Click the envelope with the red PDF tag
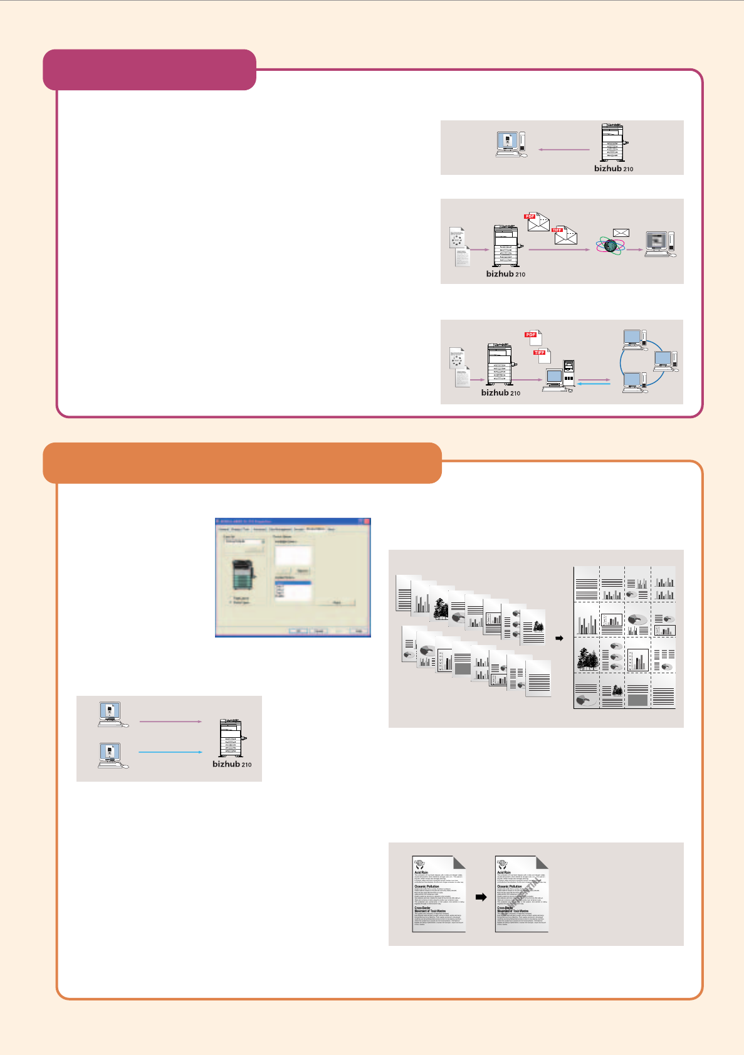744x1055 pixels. pyautogui.click(x=538, y=222)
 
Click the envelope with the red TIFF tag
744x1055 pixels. pyautogui.click(x=565, y=235)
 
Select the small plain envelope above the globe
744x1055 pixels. pyautogui.click(x=621, y=233)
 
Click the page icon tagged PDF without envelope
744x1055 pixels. pyautogui.click(x=533, y=338)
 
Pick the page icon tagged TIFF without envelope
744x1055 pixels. pyautogui.click(x=542, y=355)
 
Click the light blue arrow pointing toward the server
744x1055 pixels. pyautogui.click(x=594, y=384)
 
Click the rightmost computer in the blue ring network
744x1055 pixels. pyautogui.click(x=664, y=360)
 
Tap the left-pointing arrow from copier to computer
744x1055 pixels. pyautogui.click(x=564, y=150)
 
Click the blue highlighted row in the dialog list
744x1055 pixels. pyautogui.click(x=293, y=583)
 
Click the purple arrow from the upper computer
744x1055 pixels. pyautogui.click(x=170, y=722)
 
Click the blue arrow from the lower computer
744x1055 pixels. pyautogui.click(x=170, y=752)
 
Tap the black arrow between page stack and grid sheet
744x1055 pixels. pyautogui.click(x=560, y=638)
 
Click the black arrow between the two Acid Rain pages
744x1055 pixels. pyautogui.click(x=481, y=897)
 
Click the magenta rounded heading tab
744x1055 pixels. pyautogui.click(x=149, y=70)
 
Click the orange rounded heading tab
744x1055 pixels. pyautogui.click(x=242, y=463)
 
